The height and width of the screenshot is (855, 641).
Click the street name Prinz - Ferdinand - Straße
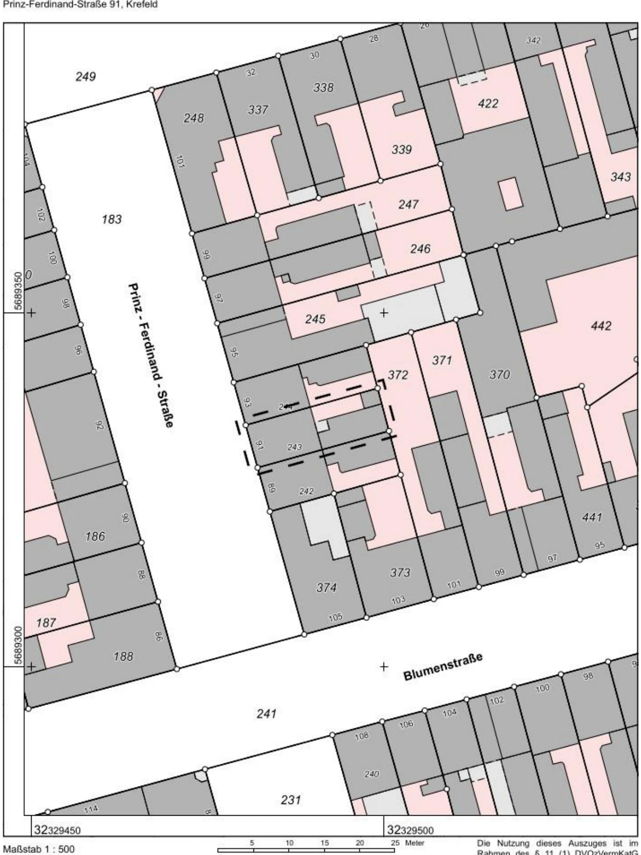pyautogui.click(x=151, y=355)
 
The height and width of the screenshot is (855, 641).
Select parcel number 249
pyautogui.click(x=85, y=77)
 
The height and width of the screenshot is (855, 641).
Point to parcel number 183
pyautogui.click(x=112, y=219)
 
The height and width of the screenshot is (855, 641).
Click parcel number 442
pyautogui.click(x=601, y=326)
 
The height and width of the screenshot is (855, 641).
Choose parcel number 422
pyautogui.click(x=488, y=103)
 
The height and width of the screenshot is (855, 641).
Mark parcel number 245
pyautogui.click(x=315, y=319)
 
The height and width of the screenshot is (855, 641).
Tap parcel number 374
pyautogui.click(x=326, y=587)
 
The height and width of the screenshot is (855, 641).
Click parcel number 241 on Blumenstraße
pyautogui.click(x=266, y=714)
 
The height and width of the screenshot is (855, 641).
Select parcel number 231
pyautogui.click(x=290, y=800)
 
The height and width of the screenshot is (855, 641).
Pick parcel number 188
pyautogui.click(x=123, y=656)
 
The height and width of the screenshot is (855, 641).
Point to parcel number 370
pyautogui.click(x=500, y=374)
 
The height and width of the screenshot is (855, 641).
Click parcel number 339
pyautogui.click(x=402, y=150)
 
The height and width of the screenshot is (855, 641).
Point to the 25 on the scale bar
pyautogui.click(x=394, y=843)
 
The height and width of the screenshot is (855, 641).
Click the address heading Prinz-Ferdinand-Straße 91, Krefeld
pyautogui.click(x=80, y=6)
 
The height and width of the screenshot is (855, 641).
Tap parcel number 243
pyautogui.click(x=294, y=447)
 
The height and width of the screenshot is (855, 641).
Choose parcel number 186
pyautogui.click(x=95, y=536)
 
